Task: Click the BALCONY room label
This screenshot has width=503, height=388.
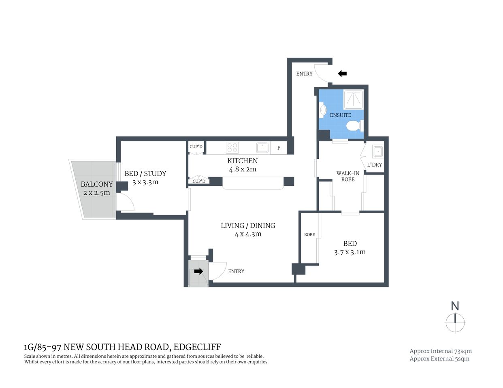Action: coord(96,184)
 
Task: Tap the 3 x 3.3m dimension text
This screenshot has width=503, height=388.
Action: coord(145,182)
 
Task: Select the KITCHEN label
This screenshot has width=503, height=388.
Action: coord(243,161)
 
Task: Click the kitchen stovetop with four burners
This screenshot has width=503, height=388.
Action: coord(232,148)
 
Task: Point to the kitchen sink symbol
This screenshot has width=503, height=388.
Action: coord(262,148)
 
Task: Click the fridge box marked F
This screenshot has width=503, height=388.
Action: coord(279,148)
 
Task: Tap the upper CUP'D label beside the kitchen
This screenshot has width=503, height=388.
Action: coord(196,147)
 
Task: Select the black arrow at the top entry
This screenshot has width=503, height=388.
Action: coord(342,74)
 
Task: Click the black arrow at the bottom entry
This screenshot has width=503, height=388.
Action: coord(198,271)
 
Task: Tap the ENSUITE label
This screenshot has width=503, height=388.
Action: coord(340,115)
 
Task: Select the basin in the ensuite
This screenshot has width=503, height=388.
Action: coord(322,110)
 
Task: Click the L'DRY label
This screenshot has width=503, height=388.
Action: coord(374,165)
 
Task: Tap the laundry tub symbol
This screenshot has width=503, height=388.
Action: coord(378,152)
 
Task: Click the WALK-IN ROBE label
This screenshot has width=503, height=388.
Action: coord(348,176)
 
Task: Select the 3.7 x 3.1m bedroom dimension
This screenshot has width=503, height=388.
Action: coord(350,252)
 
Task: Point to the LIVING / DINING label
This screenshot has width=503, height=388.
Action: coord(248,226)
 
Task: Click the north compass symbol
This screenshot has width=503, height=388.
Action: coord(455,323)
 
